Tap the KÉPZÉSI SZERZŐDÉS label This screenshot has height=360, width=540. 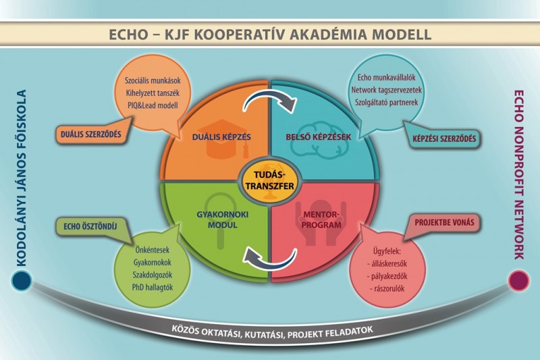[443, 140]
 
